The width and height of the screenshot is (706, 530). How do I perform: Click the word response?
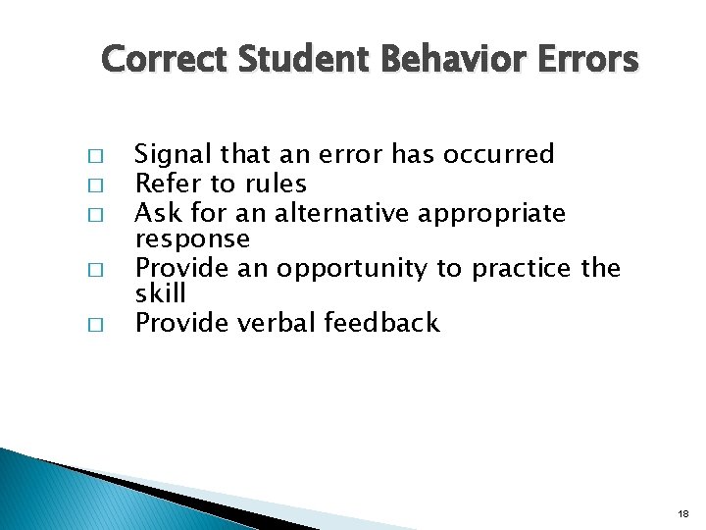192,240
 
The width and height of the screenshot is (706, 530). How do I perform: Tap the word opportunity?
355,269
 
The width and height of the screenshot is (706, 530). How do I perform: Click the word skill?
160,293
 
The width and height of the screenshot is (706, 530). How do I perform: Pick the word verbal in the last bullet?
283,323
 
